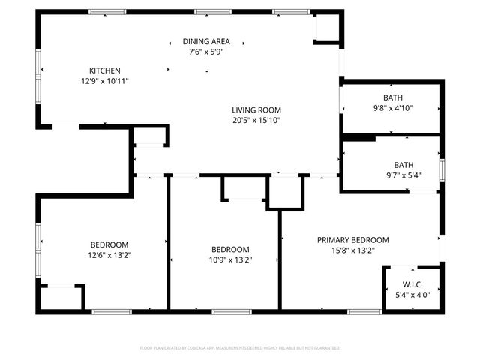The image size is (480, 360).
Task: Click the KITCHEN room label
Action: tap(105, 70)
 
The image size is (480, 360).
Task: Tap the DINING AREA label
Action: tap(206, 41)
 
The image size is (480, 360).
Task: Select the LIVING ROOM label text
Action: tap(256, 109)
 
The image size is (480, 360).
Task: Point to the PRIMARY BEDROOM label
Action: tap(352, 240)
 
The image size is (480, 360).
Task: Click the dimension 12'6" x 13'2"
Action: tap(109, 255)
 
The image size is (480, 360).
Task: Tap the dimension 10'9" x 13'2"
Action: tap(229, 260)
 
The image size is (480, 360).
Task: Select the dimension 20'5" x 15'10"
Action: tap(256, 120)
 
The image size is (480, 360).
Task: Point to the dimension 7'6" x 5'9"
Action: tap(206, 52)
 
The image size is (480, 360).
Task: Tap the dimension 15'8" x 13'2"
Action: tap(352, 250)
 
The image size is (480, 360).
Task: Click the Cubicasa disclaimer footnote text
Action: tap(240, 348)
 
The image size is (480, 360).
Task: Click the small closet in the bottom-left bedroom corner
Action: tap(60, 297)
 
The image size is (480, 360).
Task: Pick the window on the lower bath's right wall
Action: tap(442, 170)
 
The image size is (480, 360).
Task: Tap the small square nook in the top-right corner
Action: tap(326, 28)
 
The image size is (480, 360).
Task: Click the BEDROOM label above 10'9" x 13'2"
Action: tap(229, 250)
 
